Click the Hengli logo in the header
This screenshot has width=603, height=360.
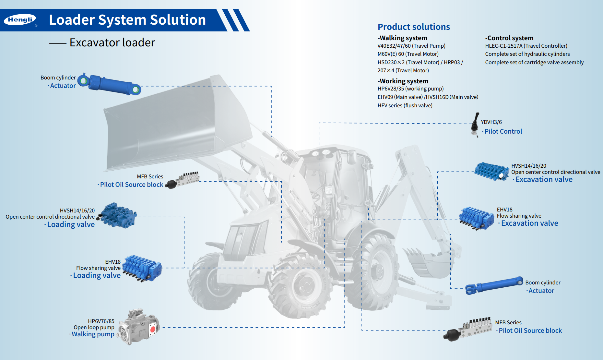(x=20, y=20)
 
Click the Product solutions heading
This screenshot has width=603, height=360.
(x=414, y=27)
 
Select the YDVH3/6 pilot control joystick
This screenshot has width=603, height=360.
(x=475, y=125)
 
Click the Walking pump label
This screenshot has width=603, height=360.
(x=93, y=334)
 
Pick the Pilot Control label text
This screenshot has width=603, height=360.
(x=503, y=131)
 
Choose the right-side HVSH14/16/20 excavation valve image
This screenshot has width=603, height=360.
(x=491, y=171)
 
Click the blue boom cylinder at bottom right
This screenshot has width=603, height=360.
(x=494, y=285)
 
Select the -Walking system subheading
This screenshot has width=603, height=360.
(x=402, y=38)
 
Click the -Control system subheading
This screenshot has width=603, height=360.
(x=509, y=38)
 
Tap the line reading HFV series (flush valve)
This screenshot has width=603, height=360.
(x=405, y=105)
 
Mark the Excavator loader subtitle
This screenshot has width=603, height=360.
(x=112, y=42)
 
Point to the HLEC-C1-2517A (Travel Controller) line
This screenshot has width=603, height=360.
(x=526, y=46)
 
